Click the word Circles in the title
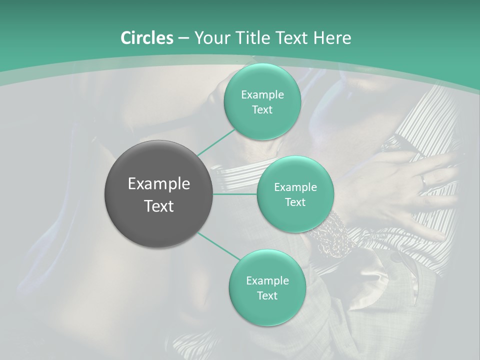click(146, 38)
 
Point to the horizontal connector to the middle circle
click(235, 194)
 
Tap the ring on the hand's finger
click(423, 180)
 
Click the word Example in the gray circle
click(158, 184)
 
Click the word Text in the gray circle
click(158, 206)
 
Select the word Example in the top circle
click(262, 94)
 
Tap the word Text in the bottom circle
click(267, 295)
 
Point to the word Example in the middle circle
click(295, 187)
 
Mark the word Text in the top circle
click(262, 109)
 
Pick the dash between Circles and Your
click(183, 38)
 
